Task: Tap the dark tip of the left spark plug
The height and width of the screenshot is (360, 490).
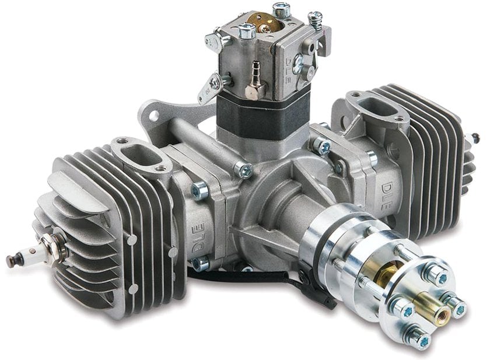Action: pyautogui.click(x=11, y=261)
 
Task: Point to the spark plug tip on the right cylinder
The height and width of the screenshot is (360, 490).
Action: pyautogui.click(x=476, y=138)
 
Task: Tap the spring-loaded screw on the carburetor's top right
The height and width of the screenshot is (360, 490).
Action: pyautogui.click(x=316, y=21)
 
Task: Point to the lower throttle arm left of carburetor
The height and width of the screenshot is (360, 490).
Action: pyautogui.click(x=209, y=88)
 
